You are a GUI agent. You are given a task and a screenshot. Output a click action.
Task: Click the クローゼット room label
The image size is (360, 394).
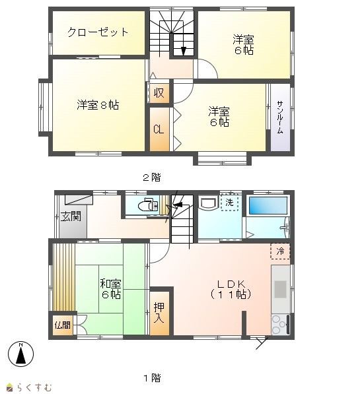[98, 32]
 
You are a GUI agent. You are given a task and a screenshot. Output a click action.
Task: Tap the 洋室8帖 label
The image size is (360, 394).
[98, 105]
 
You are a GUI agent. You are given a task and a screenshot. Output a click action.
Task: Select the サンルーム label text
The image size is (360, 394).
[280, 117]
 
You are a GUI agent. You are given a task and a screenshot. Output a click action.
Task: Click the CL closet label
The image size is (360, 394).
[159, 129]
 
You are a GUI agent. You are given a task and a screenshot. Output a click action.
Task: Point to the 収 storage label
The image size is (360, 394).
[159, 92]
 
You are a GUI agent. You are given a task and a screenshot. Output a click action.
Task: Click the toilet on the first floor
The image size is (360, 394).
[148, 205]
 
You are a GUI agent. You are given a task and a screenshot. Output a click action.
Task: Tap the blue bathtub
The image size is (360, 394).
[268, 205]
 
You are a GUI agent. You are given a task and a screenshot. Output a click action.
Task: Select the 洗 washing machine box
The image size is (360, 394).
[229, 202]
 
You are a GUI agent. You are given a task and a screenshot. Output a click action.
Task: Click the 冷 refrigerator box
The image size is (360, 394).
[280, 251]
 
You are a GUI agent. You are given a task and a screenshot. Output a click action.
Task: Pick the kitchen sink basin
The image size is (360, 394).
[280, 289]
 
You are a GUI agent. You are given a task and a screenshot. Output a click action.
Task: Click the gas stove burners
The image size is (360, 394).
[278, 325]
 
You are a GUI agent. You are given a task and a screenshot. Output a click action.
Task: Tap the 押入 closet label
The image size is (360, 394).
[159, 313]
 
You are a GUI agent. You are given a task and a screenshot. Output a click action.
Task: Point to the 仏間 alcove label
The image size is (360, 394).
[63, 325]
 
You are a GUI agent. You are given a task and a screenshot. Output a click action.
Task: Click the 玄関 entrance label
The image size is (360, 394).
[71, 216]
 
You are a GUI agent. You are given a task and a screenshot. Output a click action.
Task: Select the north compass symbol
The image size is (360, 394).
[21, 354]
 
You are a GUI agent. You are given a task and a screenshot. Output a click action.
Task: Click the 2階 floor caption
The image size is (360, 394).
[151, 178]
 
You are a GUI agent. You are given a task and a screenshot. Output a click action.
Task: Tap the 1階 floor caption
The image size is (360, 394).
[152, 378]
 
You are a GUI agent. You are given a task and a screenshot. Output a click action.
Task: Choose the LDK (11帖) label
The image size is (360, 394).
[231, 289]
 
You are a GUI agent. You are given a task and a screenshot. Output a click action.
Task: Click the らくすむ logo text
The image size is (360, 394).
[34, 387]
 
